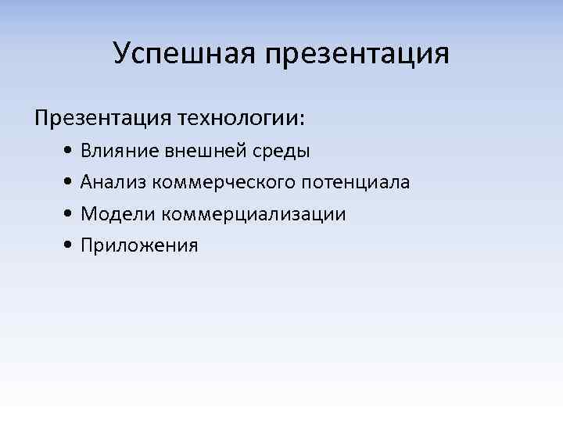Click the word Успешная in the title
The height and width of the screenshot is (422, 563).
[185, 55]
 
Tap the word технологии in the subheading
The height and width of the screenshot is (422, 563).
[238, 120]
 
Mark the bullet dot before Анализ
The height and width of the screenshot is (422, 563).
[70, 183]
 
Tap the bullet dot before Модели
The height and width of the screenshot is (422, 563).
[70, 214]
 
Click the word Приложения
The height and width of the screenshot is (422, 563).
[139, 246]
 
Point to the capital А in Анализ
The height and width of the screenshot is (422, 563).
[87, 182]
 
